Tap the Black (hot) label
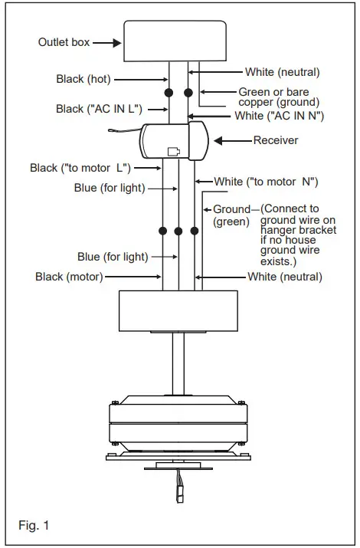[x=84, y=79]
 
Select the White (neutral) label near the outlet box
[x=282, y=72]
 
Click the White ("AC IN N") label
[x=278, y=116]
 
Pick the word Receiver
[x=276, y=140]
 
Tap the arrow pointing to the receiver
[x=233, y=140]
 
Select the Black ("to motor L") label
[x=80, y=167]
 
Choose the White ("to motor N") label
[x=266, y=182]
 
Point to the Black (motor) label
[x=69, y=277]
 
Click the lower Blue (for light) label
[x=113, y=257]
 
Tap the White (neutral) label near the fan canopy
[x=284, y=276]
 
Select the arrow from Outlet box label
[x=106, y=43]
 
